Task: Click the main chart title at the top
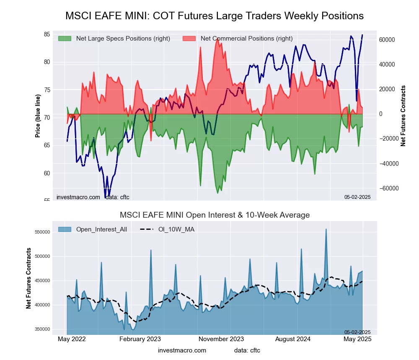click(x=214, y=16)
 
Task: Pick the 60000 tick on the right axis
click(x=388, y=40)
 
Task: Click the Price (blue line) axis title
click(x=38, y=116)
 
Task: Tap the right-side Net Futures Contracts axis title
click(x=403, y=116)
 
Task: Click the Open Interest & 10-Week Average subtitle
click(x=215, y=215)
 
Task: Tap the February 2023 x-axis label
click(x=140, y=339)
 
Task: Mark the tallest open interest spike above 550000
click(x=326, y=229)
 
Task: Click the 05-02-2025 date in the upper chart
click(x=357, y=197)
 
